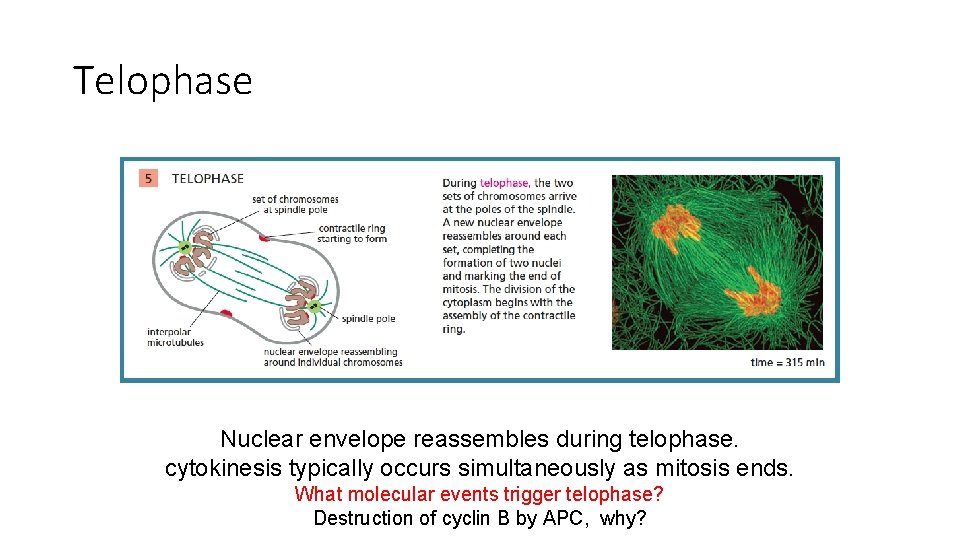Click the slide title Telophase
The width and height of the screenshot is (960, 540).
163,80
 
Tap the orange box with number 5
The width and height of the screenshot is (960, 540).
148,179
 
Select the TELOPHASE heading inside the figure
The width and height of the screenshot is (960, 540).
208,179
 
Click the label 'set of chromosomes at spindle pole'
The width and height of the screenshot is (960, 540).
295,204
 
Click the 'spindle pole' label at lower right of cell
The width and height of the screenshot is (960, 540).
368,319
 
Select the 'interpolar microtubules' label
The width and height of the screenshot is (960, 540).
175,337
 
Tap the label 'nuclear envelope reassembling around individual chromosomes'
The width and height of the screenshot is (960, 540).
332,357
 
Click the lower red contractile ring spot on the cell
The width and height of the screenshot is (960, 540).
227,314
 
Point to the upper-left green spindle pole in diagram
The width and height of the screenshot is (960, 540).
185,247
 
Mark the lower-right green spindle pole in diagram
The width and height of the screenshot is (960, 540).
314,305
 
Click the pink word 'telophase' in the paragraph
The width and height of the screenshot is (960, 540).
504,183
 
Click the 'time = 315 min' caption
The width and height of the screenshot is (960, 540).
787,362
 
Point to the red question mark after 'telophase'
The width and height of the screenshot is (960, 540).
658,494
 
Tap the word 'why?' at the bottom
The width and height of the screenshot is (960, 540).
623,518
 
